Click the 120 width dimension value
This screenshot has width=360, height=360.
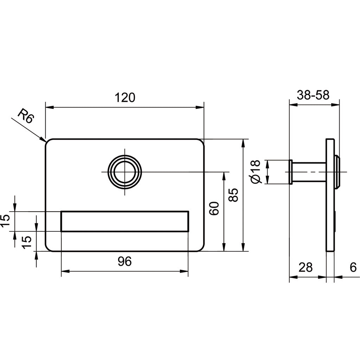pos(125,97)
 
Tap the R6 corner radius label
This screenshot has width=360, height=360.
pos(26,116)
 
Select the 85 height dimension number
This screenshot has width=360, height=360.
pos(235,195)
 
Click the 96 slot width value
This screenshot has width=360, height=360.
pos(124,261)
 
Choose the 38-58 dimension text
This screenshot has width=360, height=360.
pos(313,95)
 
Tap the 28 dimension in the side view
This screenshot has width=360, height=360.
pos(306,268)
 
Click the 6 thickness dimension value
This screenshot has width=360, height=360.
pos(353,268)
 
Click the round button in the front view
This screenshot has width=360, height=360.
pos(125,172)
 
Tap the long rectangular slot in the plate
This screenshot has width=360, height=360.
pos(125,221)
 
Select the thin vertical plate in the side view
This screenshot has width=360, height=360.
pos(330,195)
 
